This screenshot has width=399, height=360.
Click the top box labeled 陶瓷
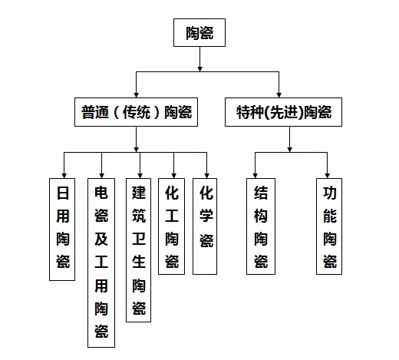[x=199, y=32]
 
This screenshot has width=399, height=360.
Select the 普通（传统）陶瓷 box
[x=136, y=112]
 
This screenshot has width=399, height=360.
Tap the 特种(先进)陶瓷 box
[x=283, y=112]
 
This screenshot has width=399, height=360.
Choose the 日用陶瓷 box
[x=62, y=230]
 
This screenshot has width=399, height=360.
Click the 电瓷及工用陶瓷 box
[x=101, y=263]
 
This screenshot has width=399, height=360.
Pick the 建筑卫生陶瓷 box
[x=138, y=250]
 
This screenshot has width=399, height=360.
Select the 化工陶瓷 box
[x=171, y=226]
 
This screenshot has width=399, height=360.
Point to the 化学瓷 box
[x=205, y=226]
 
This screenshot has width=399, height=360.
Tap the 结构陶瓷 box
[x=261, y=226]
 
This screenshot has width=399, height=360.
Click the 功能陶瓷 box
[x=329, y=226]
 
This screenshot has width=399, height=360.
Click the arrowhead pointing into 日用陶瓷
[x=64, y=176]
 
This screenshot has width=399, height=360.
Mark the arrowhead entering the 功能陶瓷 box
[x=327, y=176]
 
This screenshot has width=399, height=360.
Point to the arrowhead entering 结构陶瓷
[x=255, y=176]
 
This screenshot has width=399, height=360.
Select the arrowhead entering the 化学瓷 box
[x=206, y=176]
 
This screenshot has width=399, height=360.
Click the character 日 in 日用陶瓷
[x=63, y=193]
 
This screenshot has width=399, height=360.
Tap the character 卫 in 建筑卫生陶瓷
[x=139, y=239]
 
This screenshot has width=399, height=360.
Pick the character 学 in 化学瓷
[x=206, y=216]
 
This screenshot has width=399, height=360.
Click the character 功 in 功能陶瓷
[x=330, y=193]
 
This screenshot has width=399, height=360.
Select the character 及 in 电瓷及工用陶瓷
[x=101, y=239]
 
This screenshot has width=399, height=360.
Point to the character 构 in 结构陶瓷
[x=261, y=216]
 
